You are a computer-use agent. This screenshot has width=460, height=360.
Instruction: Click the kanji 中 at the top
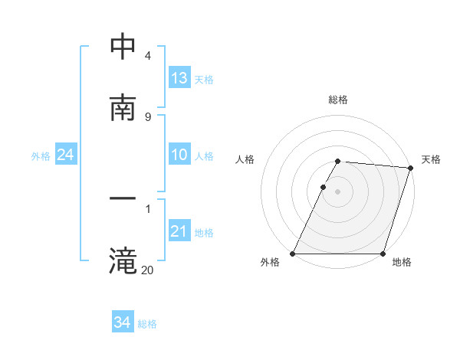pyautogui.click(x=123, y=47)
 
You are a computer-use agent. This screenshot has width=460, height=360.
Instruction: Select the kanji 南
pyautogui.click(x=123, y=108)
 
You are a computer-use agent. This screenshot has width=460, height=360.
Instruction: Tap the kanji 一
pyautogui.click(x=123, y=200)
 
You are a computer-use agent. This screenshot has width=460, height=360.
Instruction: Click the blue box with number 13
pyautogui.click(x=179, y=78)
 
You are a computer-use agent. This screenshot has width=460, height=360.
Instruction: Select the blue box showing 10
pyautogui.click(x=179, y=155)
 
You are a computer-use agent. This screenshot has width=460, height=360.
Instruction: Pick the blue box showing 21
pyautogui.click(x=179, y=231)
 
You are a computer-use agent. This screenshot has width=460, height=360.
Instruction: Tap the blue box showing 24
pyautogui.click(x=65, y=155)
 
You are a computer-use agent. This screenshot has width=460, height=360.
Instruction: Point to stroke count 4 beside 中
pyautogui.click(x=148, y=56)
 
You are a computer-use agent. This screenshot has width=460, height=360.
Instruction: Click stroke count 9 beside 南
pyautogui.click(x=148, y=117)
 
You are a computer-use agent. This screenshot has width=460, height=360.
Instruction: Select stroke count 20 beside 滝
pyautogui.click(x=148, y=270)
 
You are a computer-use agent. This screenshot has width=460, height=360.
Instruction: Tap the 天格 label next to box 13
pyautogui.click(x=204, y=79)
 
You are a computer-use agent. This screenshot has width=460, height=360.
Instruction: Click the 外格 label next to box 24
pyautogui.click(x=41, y=156)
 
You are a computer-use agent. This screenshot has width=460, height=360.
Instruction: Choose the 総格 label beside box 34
pyautogui.click(x=147, y=324)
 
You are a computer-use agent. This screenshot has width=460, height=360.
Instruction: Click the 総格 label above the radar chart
pyautogui.click(x=338, y=100)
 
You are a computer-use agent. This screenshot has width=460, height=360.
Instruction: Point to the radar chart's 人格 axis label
pyautogui.click(x=245, y=159)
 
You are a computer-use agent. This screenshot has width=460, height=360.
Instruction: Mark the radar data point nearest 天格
pyautogui.click(x=411, y=168)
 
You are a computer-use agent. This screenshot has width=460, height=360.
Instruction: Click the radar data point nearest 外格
pyautogui.click(x=293, y=254)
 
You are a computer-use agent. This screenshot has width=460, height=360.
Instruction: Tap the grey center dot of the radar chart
pyautogui.click(x=338, y=191)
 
